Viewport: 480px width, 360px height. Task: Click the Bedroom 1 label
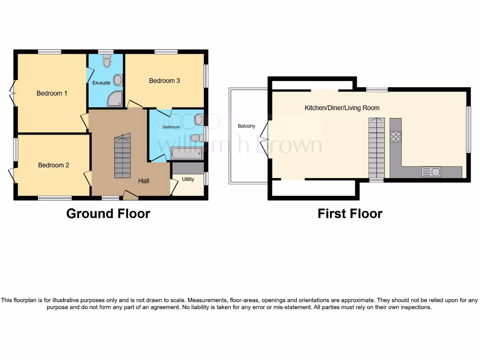52,93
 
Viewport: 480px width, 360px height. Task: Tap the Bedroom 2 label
53,165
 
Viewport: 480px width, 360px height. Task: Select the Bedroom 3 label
164,81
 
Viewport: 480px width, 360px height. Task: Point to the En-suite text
101,83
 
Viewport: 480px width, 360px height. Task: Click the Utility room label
188,179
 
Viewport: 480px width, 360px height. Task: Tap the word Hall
143,180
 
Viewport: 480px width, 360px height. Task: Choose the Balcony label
247,126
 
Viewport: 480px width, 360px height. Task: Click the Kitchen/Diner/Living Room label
342,108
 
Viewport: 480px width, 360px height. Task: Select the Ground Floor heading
108,214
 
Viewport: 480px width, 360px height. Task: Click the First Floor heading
350,214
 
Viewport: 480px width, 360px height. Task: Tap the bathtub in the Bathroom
187,153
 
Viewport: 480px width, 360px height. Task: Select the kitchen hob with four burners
396,136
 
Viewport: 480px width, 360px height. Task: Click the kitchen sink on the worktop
431,172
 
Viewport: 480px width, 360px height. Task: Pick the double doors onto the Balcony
265,140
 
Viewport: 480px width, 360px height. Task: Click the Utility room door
174,187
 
